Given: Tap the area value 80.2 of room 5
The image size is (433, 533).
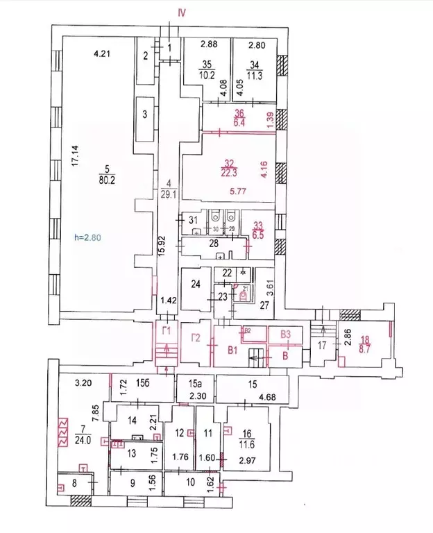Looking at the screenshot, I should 106,177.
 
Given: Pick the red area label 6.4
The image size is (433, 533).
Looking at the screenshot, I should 240,123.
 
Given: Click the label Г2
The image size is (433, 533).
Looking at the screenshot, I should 196,339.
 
